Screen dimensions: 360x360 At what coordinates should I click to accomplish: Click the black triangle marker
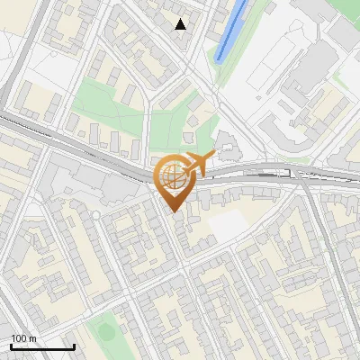181,24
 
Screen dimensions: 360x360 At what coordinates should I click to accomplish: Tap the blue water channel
231,31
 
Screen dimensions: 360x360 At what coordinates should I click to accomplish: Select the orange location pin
174,179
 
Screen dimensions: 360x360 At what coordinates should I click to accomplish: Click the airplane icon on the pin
199,165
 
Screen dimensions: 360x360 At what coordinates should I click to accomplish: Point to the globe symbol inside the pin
173,176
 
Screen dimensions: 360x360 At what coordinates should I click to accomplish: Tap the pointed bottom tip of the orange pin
174,211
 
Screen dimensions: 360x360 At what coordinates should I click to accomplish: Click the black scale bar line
42,346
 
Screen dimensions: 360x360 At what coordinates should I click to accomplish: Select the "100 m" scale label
24,338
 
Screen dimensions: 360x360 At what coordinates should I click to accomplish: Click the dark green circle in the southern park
106,332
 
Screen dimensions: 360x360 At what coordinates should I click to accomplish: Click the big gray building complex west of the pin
90,180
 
